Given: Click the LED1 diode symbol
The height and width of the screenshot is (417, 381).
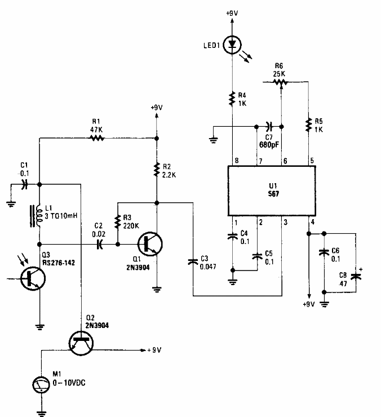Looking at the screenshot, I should tap(232, 44).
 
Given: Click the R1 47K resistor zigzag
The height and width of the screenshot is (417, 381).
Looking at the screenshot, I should tap(96, 137).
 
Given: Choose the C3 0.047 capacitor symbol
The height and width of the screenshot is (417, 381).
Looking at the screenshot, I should tap(193, 260).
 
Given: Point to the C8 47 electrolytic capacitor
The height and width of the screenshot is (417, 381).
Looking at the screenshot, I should tap(355, 276).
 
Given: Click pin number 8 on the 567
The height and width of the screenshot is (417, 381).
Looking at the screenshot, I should tap(237, 161).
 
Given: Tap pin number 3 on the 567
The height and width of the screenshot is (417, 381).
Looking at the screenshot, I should tap(285, 223).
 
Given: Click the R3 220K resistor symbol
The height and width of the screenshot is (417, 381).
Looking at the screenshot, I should tap(119, 221).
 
